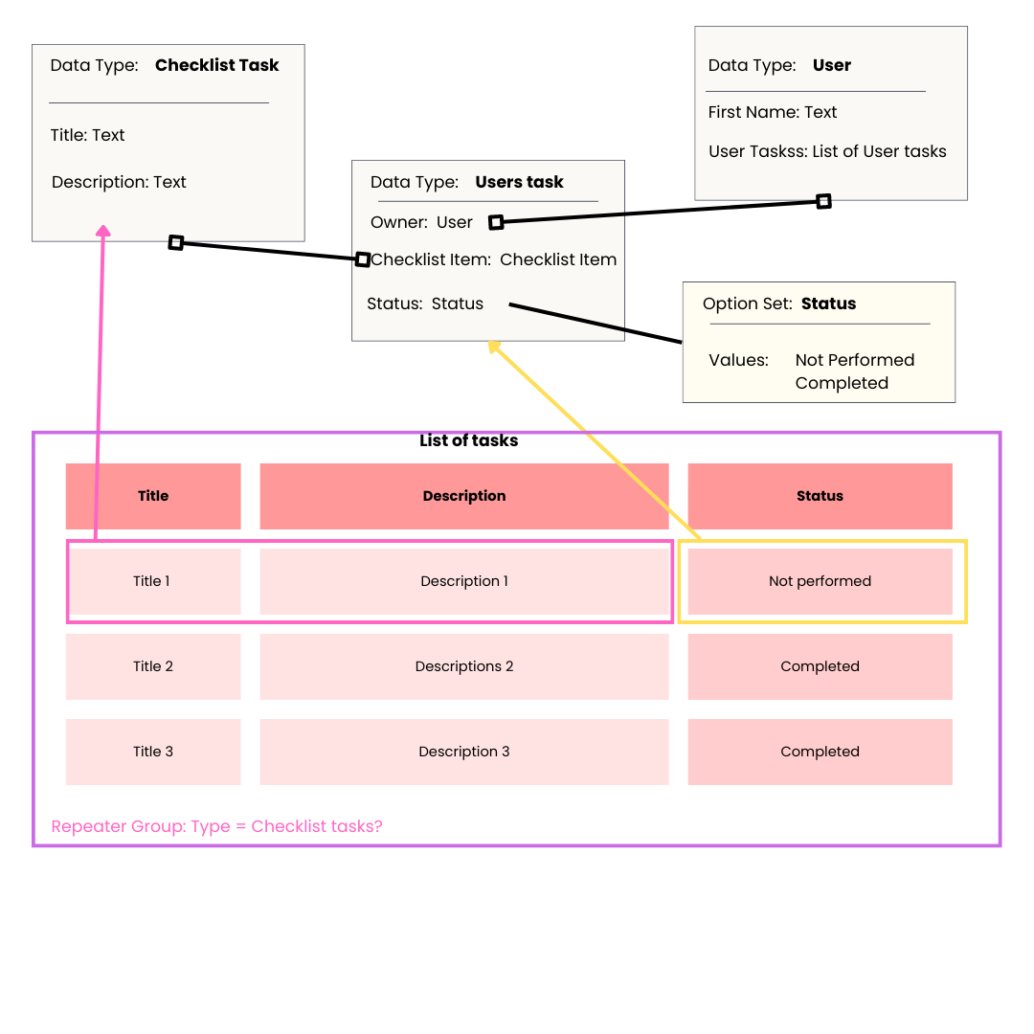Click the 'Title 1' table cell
tap(152, 581)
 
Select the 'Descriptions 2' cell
tap(464, 666)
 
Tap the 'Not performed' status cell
tap(820, 581)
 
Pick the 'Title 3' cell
tap(153, 752)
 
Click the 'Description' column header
tap(464, 496)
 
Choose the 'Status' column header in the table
tap(820, 496)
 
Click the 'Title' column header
tap(153, 496)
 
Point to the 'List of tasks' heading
tap(469, 441)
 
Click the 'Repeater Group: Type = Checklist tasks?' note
tap(216, 826)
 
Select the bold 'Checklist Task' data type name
tap(217, 65)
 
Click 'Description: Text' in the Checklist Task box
tap(119, 182)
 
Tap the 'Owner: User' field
tap(421, 222)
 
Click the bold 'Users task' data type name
tap(519, 182)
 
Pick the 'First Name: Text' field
tap(772, 112)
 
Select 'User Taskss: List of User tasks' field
tap(827, 151)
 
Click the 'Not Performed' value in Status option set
tap(855, 360)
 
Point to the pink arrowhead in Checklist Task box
tap(103, 231)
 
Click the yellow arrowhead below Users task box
tap(494, 347)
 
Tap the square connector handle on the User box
tap(823, 201)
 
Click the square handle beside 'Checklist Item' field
tap(363, 259)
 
